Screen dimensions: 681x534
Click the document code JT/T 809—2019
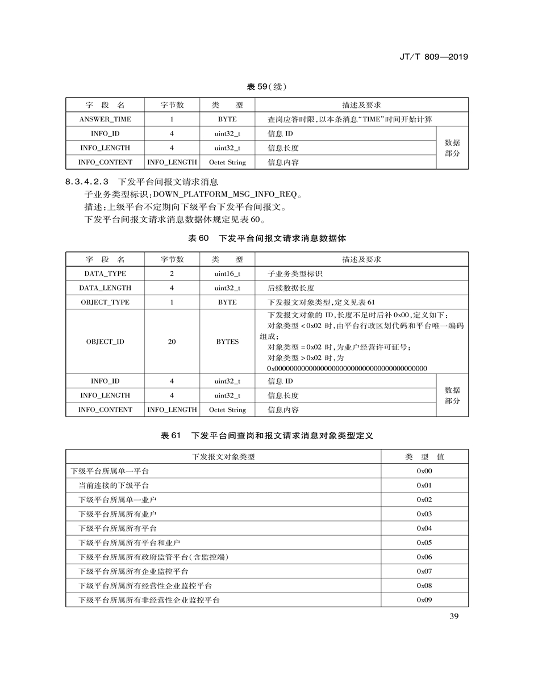click(433, 57)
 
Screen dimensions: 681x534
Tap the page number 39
click(453, 617)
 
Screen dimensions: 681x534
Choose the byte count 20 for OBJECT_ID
click(172, 342)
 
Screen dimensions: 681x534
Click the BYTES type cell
click(227, 342)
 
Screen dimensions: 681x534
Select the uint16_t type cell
click(227, 274)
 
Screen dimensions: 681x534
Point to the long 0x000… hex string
click(347, 368)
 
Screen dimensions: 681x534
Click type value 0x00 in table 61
click(424, 471)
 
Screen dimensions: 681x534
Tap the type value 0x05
click(424, 543)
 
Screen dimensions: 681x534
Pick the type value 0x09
click(424, 599)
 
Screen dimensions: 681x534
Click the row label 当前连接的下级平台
click(114, 485)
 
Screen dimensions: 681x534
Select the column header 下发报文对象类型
click(224, 456)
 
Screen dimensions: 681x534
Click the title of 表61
click(266, 435)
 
